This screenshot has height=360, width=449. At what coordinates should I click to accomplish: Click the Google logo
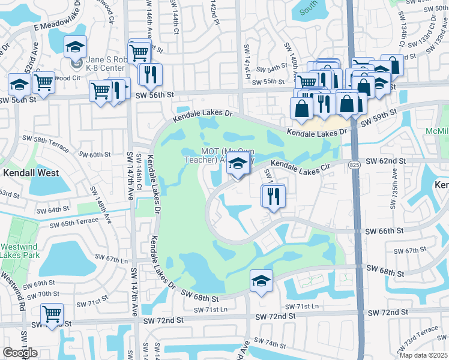click(20, 353)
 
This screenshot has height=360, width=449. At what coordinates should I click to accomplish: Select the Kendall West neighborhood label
click(31, 173)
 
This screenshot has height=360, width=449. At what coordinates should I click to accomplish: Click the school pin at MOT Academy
click(238, 164)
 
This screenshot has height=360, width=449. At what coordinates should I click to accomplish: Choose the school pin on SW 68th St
click(261, 281)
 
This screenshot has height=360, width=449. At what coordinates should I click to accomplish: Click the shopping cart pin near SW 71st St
click(52, 314)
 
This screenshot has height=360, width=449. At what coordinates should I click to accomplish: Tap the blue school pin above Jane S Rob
click(76, 47)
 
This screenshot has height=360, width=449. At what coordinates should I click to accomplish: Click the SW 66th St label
click(385, 231)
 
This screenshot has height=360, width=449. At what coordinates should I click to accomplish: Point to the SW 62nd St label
click(385, 161)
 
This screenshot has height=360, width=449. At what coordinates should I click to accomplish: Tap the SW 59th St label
click(378, 117)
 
